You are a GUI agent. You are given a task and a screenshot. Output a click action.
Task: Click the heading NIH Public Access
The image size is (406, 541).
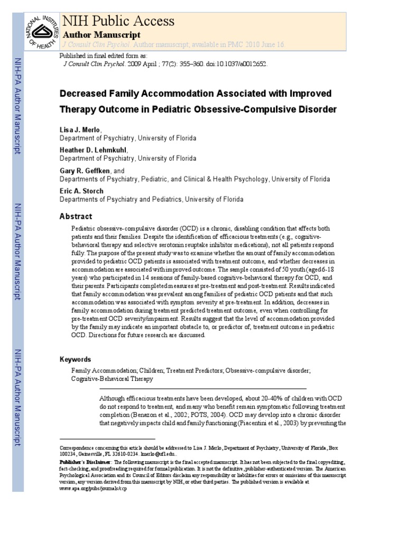point(118,21)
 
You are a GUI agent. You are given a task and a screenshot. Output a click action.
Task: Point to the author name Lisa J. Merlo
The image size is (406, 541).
point(79,129)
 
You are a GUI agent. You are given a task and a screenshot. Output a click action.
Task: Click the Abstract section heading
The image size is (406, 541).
point(76,217)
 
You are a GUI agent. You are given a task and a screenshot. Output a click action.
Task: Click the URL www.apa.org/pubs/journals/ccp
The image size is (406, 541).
point(94,489)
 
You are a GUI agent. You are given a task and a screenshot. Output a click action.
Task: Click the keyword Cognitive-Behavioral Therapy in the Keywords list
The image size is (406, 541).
point(113,379)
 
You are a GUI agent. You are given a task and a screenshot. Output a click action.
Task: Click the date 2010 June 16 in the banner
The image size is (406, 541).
point(264,45)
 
